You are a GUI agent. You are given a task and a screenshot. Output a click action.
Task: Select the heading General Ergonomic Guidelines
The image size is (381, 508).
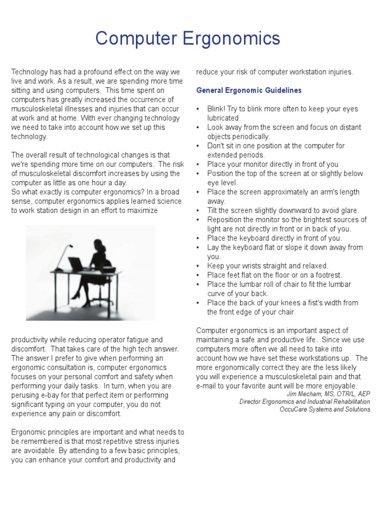coord(249,90)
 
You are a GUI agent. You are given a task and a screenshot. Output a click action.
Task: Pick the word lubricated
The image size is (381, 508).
coord(223,118)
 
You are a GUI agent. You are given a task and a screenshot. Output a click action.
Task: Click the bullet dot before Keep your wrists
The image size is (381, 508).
coord(198,266)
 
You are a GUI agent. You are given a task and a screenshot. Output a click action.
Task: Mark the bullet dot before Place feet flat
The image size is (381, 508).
coord(198,275)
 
